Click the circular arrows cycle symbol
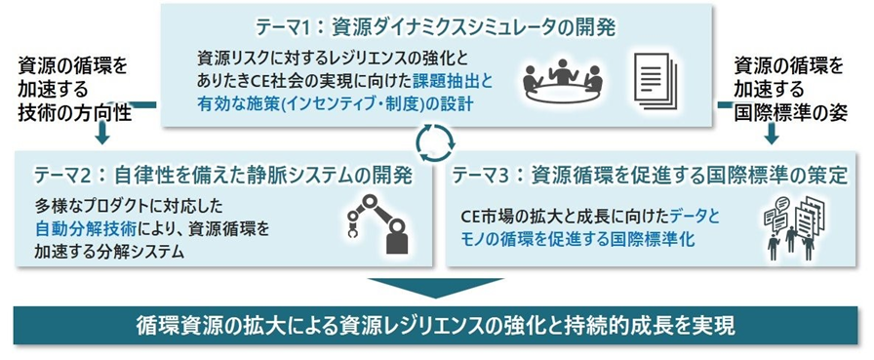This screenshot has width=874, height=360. tap(436, 142)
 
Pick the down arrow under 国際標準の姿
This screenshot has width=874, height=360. tap(772, 135)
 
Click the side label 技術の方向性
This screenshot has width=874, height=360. tap(74, 112)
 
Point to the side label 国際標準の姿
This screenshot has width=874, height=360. tap(790, 112)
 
